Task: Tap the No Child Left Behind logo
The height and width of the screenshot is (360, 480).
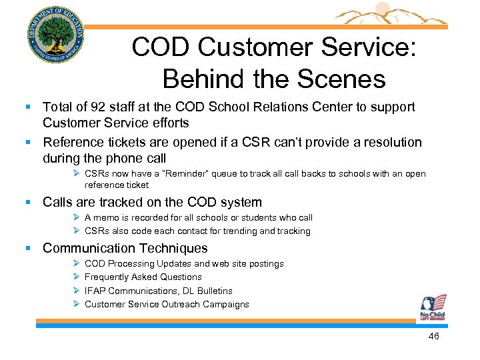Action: (433, 308)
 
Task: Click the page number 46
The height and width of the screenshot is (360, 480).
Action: (433, 337)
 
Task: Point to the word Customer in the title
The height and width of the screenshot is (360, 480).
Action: (253, 47)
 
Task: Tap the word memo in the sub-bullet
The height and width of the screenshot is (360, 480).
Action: (108, 218)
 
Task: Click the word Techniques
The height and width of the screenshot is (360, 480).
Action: (171, 249)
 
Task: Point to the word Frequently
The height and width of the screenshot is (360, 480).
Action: (107, 277)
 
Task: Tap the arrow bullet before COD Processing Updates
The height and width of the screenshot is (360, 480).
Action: (77, 264)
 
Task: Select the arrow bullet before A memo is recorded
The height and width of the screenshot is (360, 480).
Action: (77, 218)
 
